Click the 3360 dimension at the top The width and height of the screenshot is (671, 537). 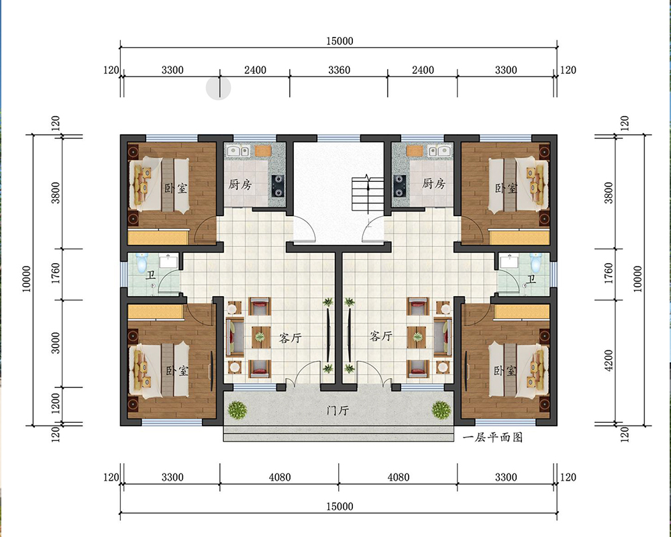(339, 70)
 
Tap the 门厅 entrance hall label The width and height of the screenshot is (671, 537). (338, 411)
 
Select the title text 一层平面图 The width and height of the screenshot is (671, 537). (493, 437)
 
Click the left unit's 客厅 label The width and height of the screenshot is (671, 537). (290, 338)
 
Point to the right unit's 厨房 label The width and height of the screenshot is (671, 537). (433, 184)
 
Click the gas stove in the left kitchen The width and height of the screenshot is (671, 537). (278, 185)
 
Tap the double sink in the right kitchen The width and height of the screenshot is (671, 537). (438, 151)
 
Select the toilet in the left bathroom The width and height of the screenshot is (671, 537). (142, 262)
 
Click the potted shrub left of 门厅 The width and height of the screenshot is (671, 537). (237, 410)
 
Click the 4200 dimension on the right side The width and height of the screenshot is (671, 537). (608, 360)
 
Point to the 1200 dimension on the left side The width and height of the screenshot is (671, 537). (56, 405)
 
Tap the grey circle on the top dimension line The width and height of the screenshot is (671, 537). (218, 88)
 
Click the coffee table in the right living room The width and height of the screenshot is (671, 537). (417, 337)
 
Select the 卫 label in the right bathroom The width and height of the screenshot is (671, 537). (531, 280)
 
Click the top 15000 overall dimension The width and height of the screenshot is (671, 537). (340, 41)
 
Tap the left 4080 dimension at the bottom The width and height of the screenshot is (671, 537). (280, 477)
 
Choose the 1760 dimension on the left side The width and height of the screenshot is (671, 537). (56, 273)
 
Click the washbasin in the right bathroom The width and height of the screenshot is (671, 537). (509, 261)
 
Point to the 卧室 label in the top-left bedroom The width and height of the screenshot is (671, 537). (176, 187)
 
